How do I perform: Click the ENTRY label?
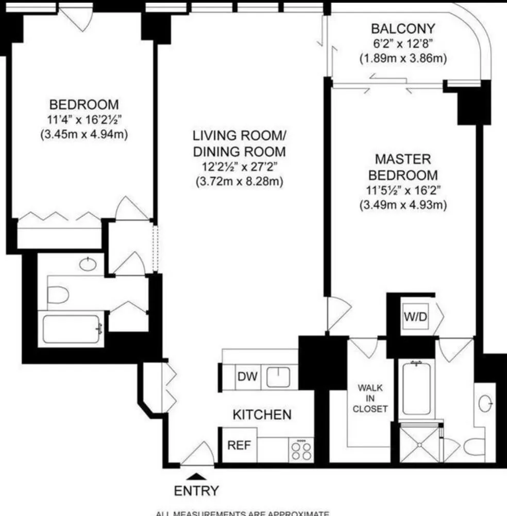[196, 491]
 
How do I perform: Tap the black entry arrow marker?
[196, 476]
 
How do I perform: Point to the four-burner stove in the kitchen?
[301, 449]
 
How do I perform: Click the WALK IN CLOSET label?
[370, 398]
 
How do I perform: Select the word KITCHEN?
[262, 414]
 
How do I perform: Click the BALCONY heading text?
[402, 28]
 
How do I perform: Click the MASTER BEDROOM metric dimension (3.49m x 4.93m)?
[403, 204]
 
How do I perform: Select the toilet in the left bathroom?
[58, 295]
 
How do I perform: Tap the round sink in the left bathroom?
[88, 264]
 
